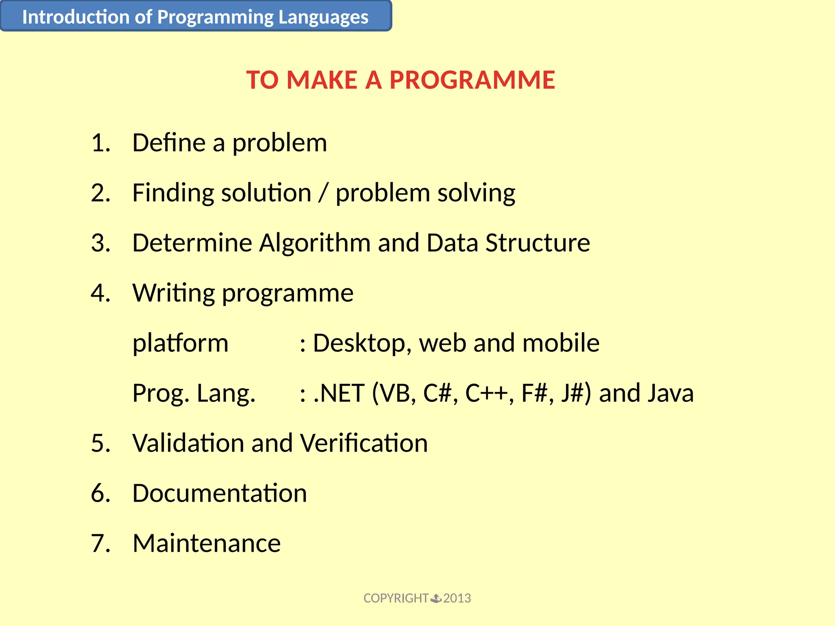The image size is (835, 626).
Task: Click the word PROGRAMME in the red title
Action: coord(472,80)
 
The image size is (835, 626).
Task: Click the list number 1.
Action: coord(100,143)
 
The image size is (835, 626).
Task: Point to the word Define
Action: coord(169,143)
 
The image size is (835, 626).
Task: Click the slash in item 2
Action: coord(323,193)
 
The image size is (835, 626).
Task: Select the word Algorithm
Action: coord(315,243)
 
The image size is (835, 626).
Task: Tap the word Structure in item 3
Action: coord(537,243)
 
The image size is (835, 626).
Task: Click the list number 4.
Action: coord(100,293)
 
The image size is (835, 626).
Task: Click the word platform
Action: coord(180,344)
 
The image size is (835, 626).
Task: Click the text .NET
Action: coord(339,393)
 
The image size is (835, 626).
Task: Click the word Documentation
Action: coord(219,493)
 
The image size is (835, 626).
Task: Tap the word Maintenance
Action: coord(206,543)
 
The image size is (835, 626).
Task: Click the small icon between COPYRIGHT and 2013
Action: coord(436,598)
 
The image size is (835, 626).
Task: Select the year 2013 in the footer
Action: coord(457,598)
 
